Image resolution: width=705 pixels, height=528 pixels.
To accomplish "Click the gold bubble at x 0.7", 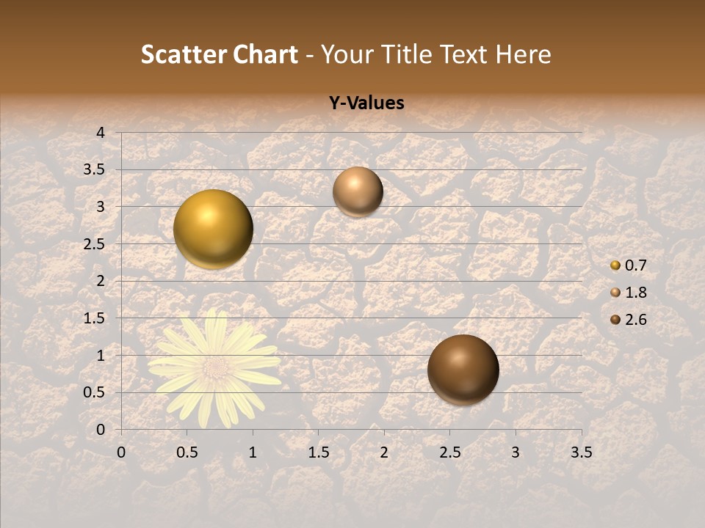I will [x=213, y=229].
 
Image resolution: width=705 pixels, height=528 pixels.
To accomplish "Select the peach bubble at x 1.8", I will [x=358, y=191].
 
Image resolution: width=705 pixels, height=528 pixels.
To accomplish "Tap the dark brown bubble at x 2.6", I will [x=463, y=370].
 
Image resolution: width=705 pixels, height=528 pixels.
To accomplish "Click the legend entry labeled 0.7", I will [x=630, y=265].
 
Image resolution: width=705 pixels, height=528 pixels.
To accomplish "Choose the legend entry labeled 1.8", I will [x=630, y=293].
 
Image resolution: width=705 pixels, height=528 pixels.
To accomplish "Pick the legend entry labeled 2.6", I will [x=630, y=320].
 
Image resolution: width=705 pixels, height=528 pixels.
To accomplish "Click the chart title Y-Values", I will [x=366, y=103].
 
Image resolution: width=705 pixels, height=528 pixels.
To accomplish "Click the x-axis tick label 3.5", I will [x=581, y=452].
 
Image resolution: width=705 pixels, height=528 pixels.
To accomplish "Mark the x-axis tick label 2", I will [x=384, y=452].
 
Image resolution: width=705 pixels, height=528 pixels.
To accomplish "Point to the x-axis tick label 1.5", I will [x=318, y=452].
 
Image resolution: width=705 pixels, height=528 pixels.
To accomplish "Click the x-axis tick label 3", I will [x=516, y=452].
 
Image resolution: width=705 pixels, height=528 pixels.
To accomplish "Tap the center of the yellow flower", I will [x=215, y=365].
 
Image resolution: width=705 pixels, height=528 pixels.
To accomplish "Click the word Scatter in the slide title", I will [x=183, y=54].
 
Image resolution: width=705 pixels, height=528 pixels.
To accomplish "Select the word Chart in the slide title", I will [x=265, y=54].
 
